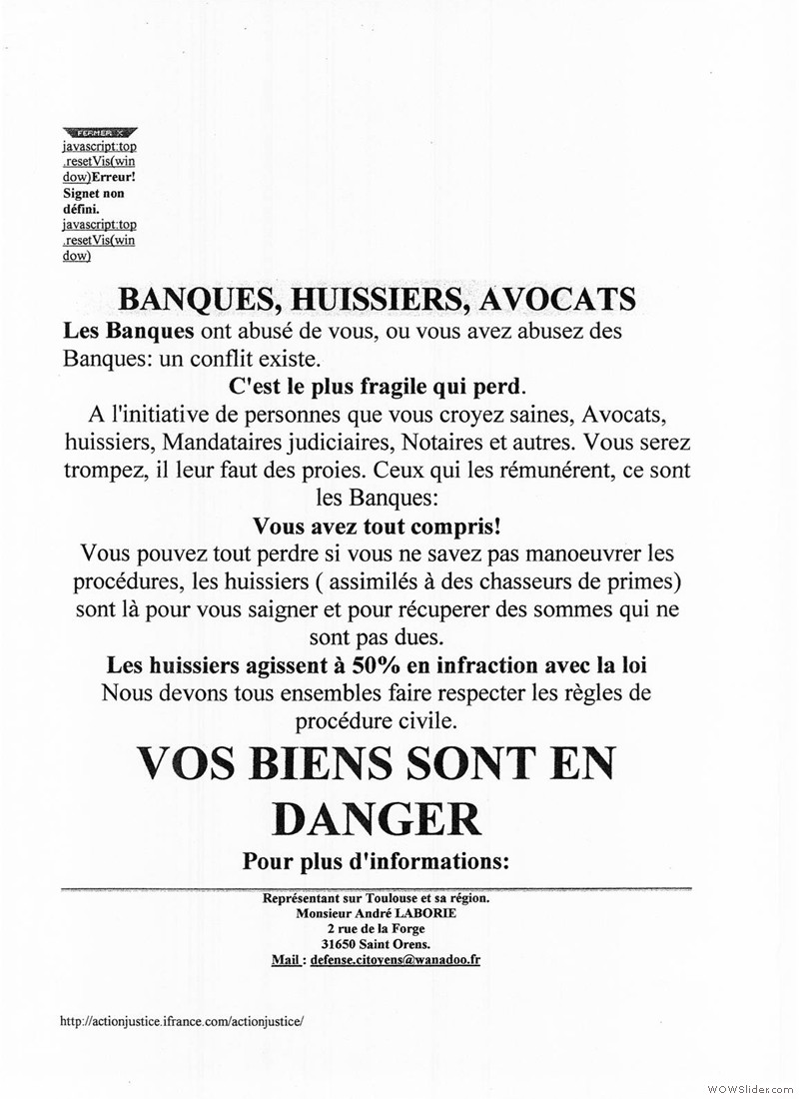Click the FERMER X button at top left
99,132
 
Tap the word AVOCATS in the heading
557,299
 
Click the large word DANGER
377,818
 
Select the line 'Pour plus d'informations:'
376,860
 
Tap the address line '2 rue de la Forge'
376,929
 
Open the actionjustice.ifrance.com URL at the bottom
181,1022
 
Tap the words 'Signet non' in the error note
93,193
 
